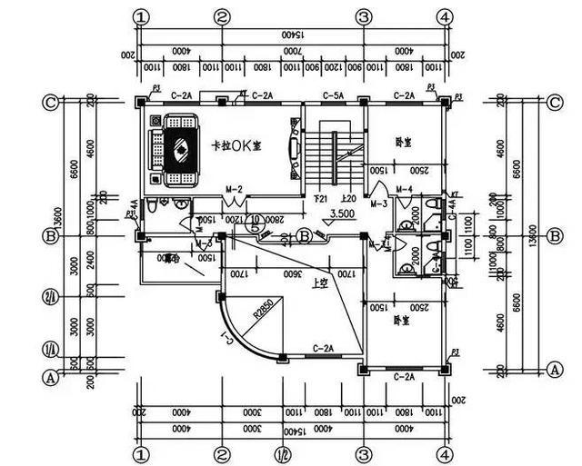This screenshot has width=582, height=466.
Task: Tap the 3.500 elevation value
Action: coord(342,213)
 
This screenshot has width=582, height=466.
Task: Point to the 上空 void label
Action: coord(319,283)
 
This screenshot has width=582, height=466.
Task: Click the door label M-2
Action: coord(234,189)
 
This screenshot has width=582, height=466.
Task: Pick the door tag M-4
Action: coord(405,189)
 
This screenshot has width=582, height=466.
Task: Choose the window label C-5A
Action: coord(332,94)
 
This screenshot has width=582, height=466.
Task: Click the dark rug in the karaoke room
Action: coord(180,149)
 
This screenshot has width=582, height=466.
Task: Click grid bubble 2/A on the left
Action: coord(52,297)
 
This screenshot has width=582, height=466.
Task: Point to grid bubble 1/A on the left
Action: coord(52,350)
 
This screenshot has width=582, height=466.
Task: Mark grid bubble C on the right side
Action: coord(555,102)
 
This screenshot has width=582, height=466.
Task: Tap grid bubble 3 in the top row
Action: coord(364,16)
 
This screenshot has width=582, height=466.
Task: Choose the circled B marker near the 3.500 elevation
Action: coord(306,236)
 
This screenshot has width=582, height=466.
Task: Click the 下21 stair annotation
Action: coord(319,198)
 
